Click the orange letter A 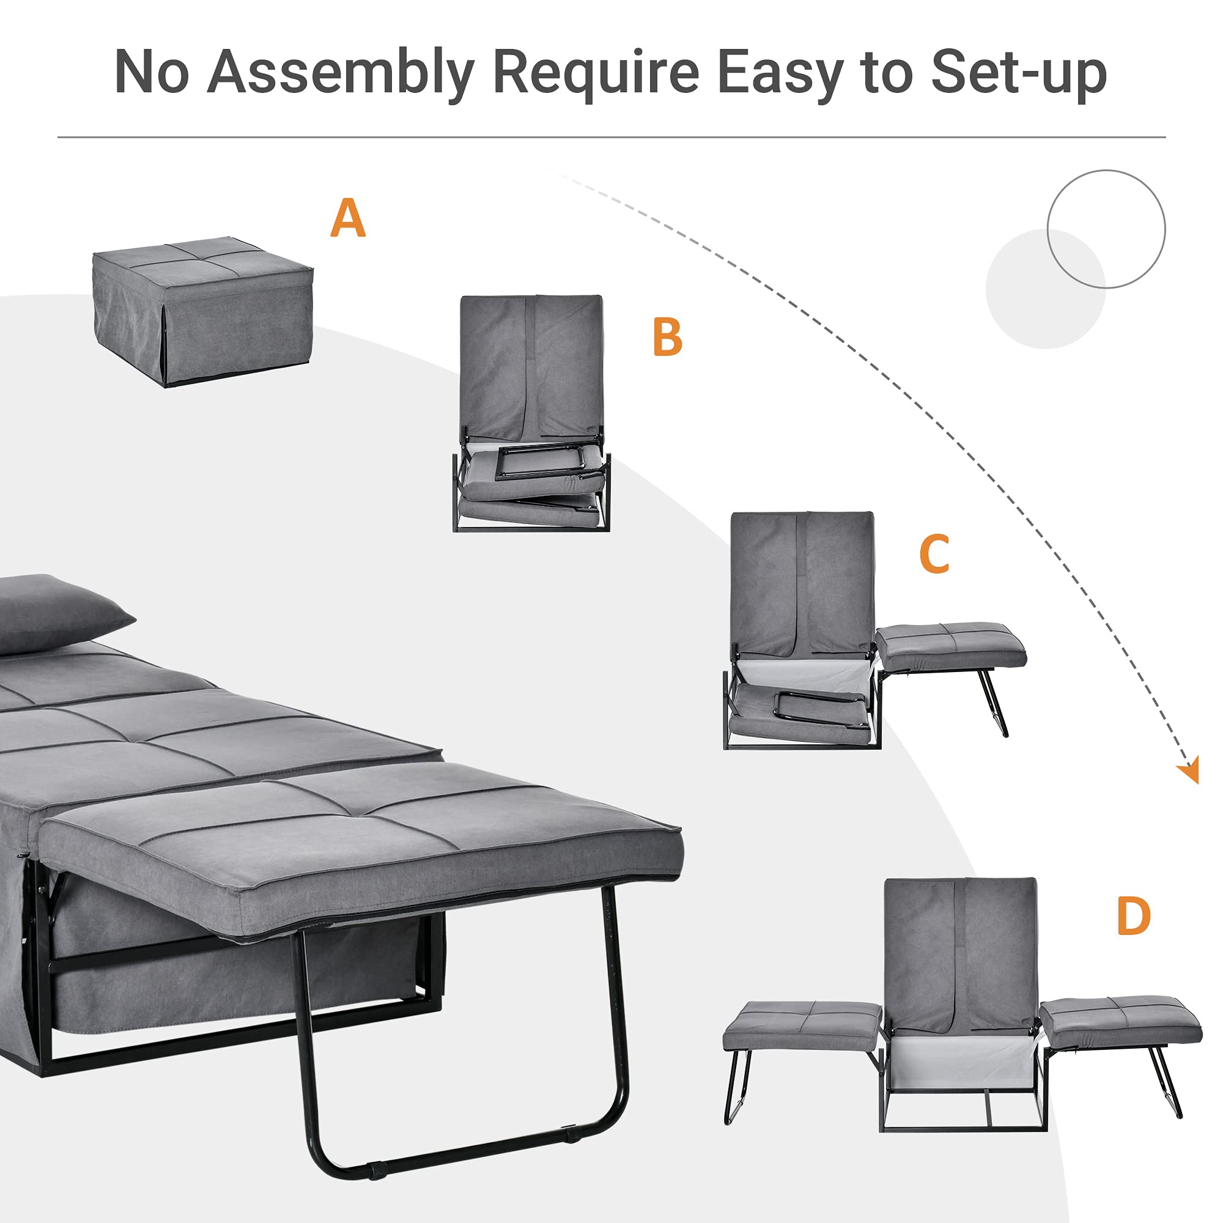[347, 218]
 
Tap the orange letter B [667, 337]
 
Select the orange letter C [934, 554]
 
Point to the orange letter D [1133, 916]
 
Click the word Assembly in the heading [341, 73]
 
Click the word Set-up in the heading [1019, 73]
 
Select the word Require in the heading [595, 73]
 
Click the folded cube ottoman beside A [202, 310]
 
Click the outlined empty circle [1106, 229]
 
